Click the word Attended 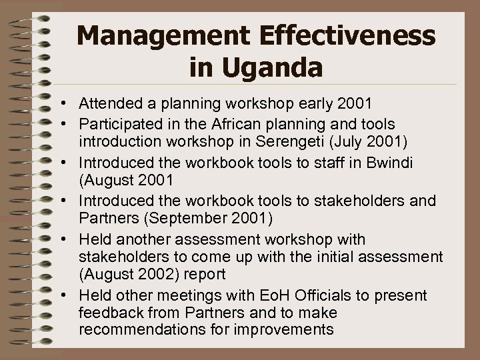(107, 104)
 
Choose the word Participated (117, 124)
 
